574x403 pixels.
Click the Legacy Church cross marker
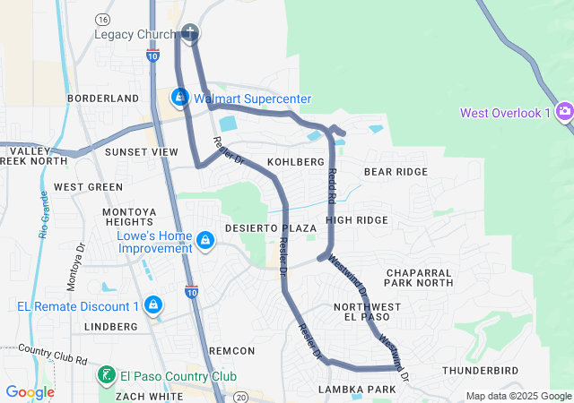189,34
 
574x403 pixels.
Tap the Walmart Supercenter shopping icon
180,97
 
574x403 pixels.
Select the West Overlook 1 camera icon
564,112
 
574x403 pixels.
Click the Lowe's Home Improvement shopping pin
205,240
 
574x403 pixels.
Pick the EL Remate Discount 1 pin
153,305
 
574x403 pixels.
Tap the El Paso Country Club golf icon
107,374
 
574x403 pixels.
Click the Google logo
30,392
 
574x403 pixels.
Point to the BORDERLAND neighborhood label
103,98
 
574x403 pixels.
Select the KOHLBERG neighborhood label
294,162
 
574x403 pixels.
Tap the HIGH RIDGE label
357,219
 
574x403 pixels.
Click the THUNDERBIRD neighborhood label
481,370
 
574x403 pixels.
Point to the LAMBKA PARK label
357,390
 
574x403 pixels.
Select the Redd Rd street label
332,183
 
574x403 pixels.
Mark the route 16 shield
105,19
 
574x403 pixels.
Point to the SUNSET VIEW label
142,152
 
